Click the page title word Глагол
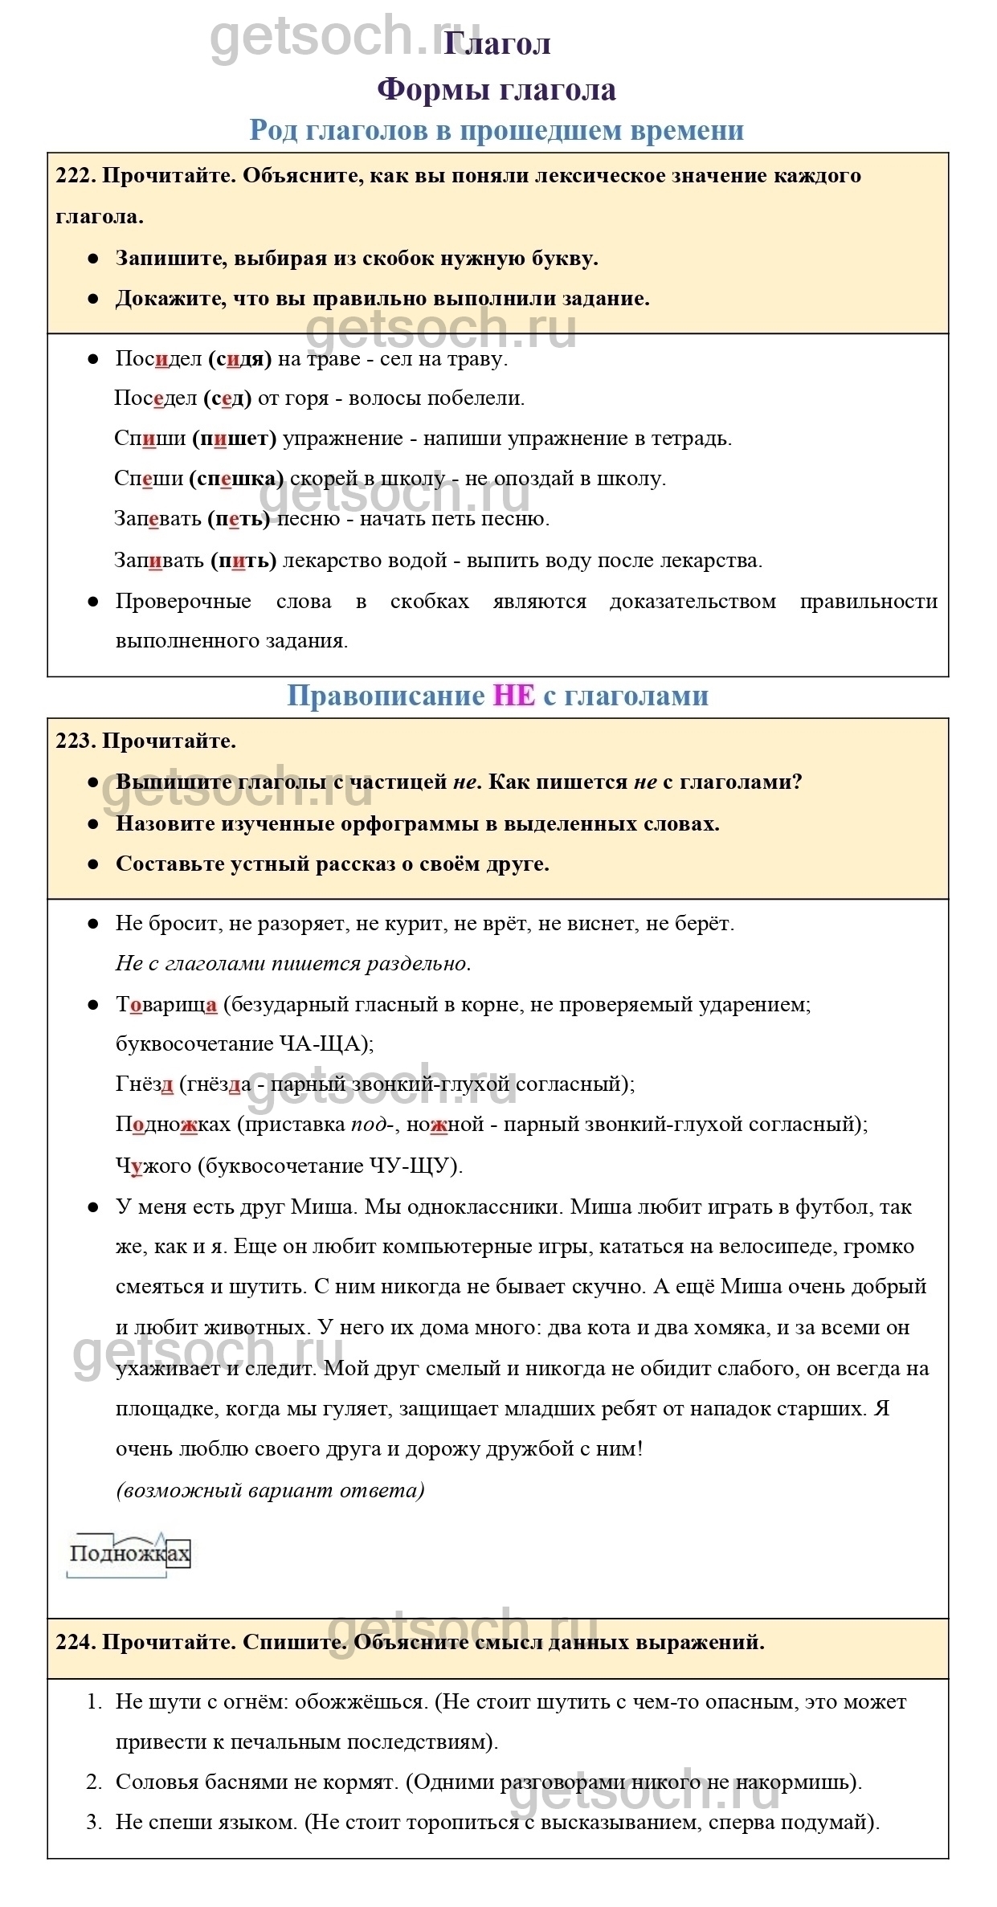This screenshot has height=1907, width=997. tap(497, 43)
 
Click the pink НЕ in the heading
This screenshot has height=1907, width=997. tap(513, 695)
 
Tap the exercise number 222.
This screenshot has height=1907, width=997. tap(75, 176)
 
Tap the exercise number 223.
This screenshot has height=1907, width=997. tap(75, 741)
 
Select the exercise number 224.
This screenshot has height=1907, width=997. tap(75, 1642)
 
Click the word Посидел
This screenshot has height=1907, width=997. tap(158, 358)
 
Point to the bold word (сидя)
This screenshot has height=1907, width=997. tap(239, 358)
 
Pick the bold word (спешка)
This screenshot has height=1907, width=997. tap(236, 479)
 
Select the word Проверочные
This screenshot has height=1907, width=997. tap(183, 601)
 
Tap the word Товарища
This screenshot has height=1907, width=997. tap(166, 1004)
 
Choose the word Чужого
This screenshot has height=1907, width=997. tap(153, 1166)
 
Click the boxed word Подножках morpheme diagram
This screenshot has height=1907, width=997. tap(129, 1554)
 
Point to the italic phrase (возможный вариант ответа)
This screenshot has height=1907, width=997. tap(270, 1490)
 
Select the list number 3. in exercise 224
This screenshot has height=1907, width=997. tap(94, 1822)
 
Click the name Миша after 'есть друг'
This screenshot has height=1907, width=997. tap(321, 1207)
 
